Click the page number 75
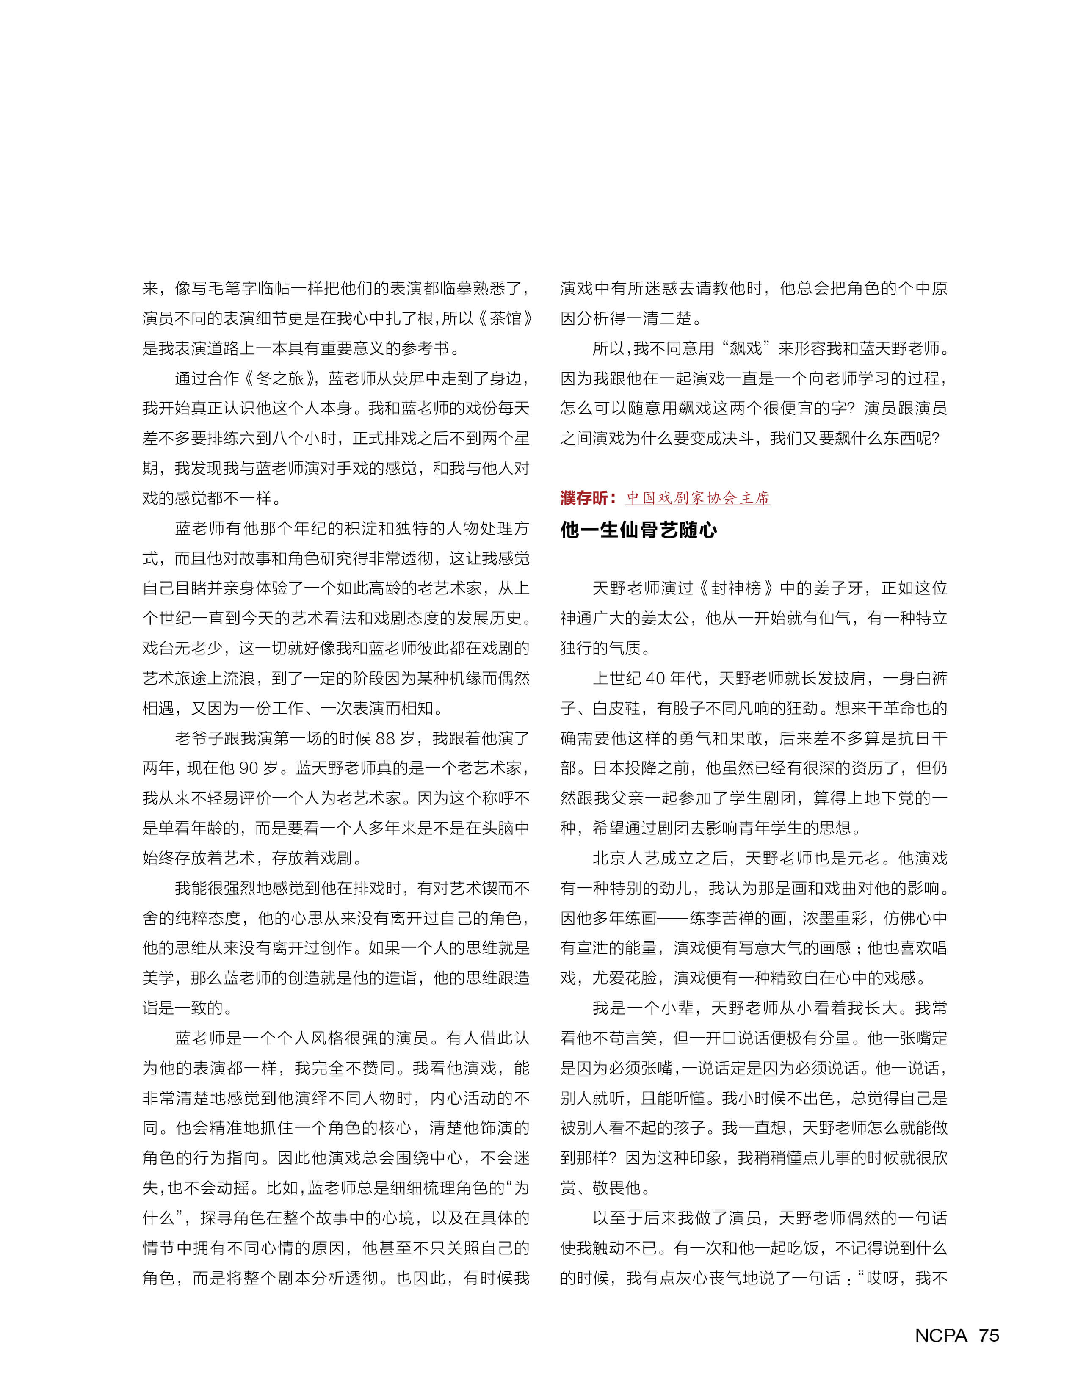pyautogui.click(x=989, y=1335)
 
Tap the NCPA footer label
pyautogui.click(x=941, y=1335)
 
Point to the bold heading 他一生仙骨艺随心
pyautogui.click(x=638, y=530)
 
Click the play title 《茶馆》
pyautogui.click(x=505, y=318)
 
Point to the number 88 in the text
pyautogui.click(x=385, y=738)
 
